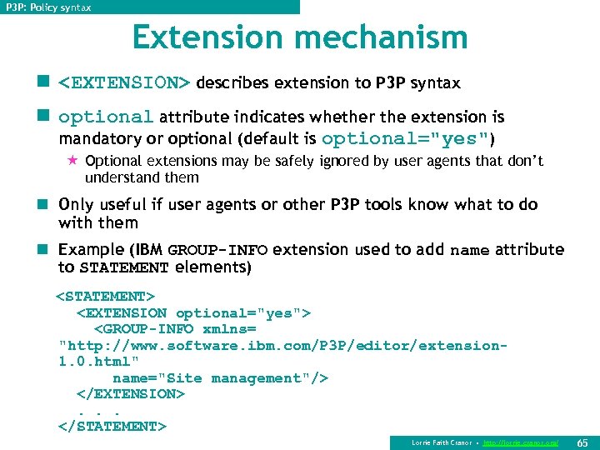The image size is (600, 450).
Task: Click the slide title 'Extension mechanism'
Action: pos(300,37)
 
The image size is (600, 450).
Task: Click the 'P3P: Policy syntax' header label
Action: pos(48,7)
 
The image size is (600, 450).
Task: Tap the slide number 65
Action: pos(582,442)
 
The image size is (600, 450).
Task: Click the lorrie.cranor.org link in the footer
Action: pos(520,442)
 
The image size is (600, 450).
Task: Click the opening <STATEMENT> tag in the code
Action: pos(106,296)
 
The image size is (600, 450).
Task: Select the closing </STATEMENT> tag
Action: pos(112,426)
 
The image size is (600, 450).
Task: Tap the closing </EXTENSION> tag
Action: pos(130,393)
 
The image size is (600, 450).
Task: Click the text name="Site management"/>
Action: pos(220,377)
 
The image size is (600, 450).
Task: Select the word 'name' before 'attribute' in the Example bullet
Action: pos(470,250)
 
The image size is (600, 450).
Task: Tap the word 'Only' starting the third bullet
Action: pos(77,204)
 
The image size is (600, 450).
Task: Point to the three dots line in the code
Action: pos(99,410)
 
